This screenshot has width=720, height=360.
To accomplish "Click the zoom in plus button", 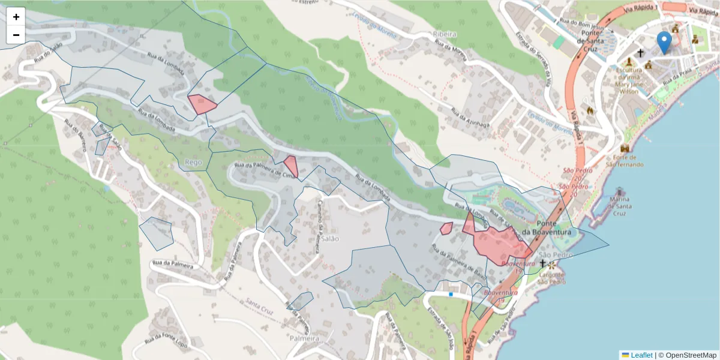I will click(16, 17).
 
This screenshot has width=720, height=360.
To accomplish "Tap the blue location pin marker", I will click(664, 43).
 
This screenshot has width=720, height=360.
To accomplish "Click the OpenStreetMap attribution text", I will click(691, 355).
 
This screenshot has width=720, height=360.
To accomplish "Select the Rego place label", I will click(193, 162).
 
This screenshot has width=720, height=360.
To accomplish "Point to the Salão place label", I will click(330, 238).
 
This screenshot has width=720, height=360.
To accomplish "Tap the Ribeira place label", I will click(445, 35).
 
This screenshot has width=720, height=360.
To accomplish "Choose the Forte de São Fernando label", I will click(625, 161).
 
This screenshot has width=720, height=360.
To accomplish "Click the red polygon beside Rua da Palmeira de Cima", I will click(291, 166).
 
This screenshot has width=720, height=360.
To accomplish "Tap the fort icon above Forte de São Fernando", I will click(625, 148).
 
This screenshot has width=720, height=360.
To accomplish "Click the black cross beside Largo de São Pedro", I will click(542, 263).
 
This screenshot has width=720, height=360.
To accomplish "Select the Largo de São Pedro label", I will click(553, 278).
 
